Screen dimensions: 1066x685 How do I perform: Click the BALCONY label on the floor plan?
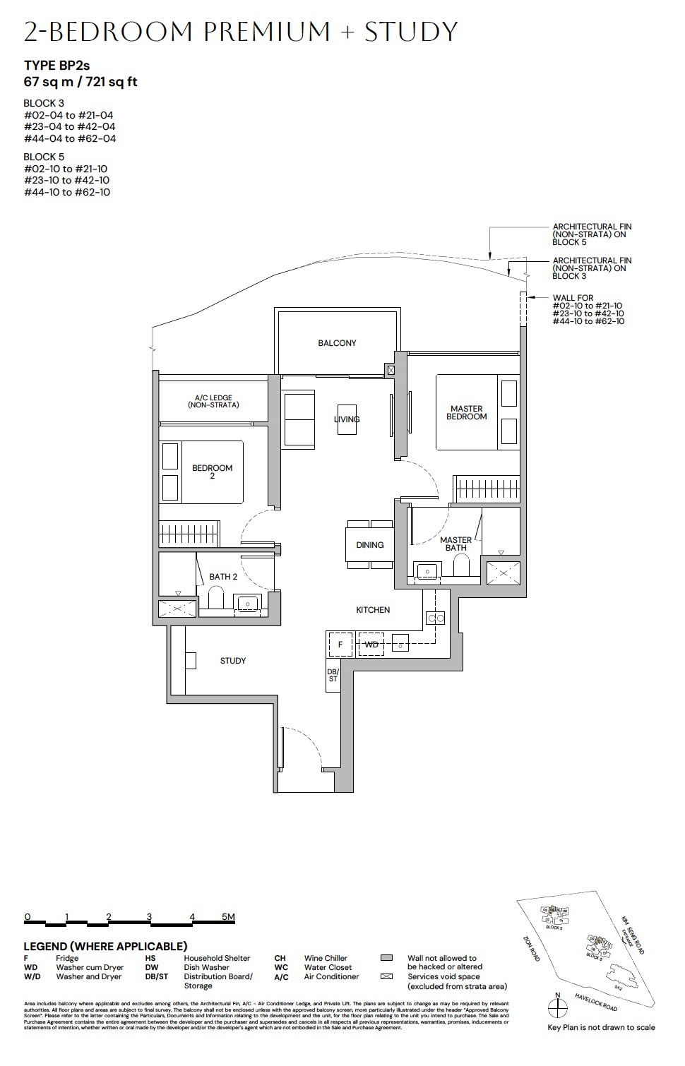337,343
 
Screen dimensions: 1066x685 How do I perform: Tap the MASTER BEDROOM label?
466,413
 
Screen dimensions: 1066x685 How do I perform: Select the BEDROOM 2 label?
212,472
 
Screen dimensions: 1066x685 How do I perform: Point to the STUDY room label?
233,661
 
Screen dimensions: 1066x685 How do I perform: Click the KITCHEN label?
373,610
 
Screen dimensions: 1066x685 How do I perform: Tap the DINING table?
369,544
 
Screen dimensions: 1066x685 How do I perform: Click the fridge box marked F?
340,645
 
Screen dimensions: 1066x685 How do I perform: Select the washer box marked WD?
371,645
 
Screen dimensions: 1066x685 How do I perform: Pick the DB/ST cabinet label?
333,674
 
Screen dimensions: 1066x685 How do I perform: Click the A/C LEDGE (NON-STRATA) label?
213,402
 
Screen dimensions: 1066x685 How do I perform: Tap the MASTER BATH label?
455,544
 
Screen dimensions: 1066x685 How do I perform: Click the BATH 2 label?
223,577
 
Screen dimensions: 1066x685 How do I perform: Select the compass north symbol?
558,1007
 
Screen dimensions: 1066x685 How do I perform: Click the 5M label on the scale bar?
227,917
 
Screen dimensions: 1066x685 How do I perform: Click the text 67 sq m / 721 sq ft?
81,82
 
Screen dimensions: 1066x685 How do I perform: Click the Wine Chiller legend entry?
326,958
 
